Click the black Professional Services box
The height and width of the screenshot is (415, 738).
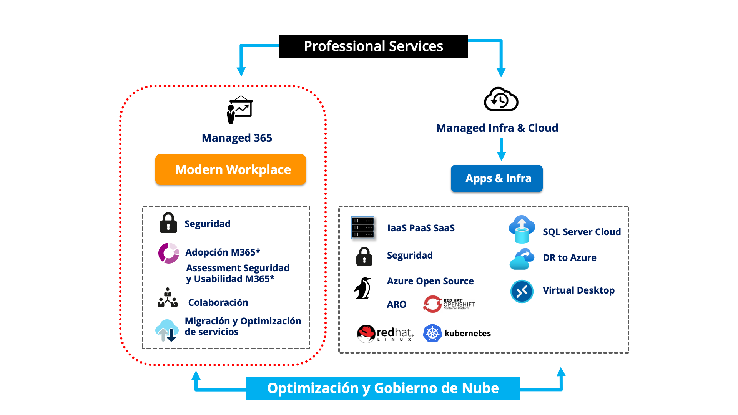tap(373, 46)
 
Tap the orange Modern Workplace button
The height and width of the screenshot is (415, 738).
tap(231, 169)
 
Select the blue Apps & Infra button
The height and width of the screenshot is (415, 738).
tap(497, 178)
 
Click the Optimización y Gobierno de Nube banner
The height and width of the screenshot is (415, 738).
tap(383, 388)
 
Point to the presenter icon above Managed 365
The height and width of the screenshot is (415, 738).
tap(239, 110)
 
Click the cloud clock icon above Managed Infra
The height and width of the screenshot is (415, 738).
tap(501, 100)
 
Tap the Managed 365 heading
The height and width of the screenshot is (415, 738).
tap(237, 138)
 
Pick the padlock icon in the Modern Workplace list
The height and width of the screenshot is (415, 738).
tap(168, 223)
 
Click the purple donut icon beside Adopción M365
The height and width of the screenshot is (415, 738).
tap(169, 253)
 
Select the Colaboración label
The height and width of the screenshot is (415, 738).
tap(218, 302)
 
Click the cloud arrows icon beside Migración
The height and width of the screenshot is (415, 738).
tap(167, 330)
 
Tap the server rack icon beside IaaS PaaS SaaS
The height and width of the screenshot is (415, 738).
tap(362, 227)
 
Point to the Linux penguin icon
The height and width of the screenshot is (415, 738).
tap(363, 288)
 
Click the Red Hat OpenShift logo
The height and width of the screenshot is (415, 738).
tap(449, 304)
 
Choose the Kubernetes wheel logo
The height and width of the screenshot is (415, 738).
tap(432, 333)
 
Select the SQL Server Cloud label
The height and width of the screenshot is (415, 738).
tap(582, 232)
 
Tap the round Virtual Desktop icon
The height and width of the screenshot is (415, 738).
tap(522, 291)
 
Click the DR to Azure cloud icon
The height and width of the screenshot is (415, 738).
tap(522, 259)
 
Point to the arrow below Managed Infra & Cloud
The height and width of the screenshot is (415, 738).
tap(501, 150)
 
